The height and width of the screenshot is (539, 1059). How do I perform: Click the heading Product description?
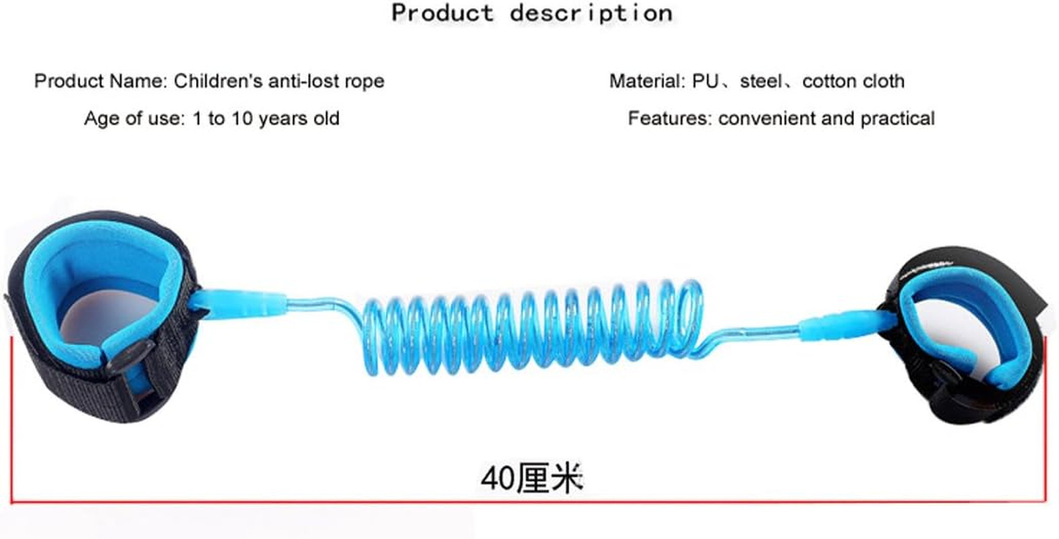531,13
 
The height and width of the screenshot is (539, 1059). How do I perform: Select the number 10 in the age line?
242,119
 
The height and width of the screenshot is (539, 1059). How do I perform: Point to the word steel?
761,82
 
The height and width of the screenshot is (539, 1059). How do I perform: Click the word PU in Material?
704,82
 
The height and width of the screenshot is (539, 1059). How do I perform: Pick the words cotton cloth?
853,82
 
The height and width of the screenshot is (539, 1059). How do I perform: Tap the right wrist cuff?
964,334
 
